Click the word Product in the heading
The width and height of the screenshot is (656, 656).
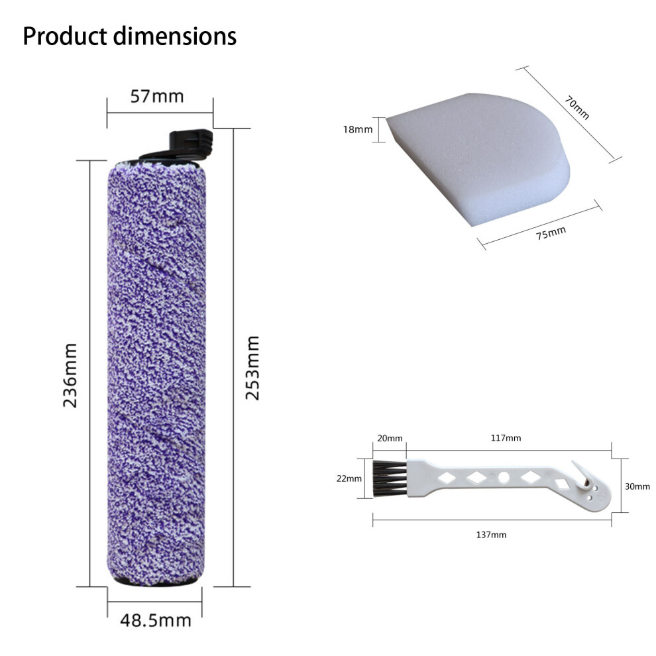(x=65, y=36)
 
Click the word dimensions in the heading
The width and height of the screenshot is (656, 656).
(x=176, y=36)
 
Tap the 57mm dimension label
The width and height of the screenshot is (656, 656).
(x=157, y=96)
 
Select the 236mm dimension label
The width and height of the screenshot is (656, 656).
(x=70, y=375)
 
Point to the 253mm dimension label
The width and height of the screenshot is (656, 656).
(x=252, y=368)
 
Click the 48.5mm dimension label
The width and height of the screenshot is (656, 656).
(x=156, y=620)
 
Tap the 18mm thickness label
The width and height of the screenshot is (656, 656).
(x=358, y=129)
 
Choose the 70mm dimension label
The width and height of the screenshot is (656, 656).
(x=577, y=107)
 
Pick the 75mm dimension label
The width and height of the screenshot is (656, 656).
(x=551, y=233)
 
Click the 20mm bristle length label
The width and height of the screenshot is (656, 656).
(x=390, y=438)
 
